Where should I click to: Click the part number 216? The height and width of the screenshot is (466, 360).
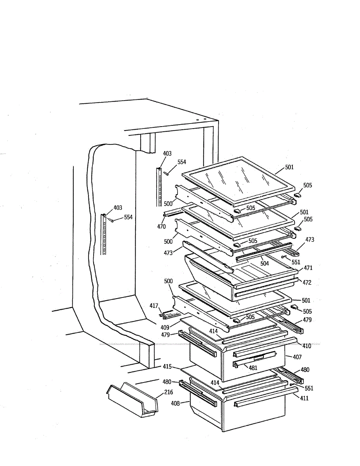(169, 392)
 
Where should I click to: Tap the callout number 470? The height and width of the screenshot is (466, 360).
(162, 227)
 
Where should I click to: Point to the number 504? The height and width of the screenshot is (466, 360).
(264, 264)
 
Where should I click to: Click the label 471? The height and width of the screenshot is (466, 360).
(308, 268)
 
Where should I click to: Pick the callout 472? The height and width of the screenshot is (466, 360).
(307, 282)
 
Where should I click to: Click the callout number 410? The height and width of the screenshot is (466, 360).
(306, 345)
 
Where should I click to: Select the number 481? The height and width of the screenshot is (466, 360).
(253, 367)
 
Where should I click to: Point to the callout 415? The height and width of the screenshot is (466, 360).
(167, 366)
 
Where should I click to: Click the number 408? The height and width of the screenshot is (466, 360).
(176, 403)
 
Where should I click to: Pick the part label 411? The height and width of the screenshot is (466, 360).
(304, 398)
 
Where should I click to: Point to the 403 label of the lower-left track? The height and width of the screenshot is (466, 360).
(118, 208)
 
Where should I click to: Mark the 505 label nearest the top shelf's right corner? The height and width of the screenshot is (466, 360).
(308, 186)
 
